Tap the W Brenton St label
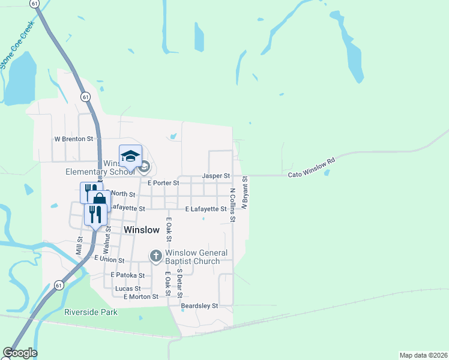[74, 139]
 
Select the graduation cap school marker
[130, 157]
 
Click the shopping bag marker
[100, 200]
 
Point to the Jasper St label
[216, 176]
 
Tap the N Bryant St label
[245, 193]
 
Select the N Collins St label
[232, 206]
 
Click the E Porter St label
[163, 182]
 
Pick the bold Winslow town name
[142, 230]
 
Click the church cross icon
[156, 257]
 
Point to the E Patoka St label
[127, 275]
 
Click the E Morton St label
[141, 296]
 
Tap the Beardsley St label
[199, 305]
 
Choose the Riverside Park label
[91, 312]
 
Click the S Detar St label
[179, 282]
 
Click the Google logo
[20, 353]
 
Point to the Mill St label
[79, 244]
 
